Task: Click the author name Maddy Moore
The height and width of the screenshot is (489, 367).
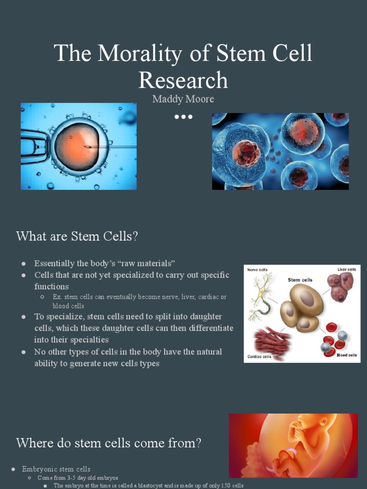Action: click(183, 99)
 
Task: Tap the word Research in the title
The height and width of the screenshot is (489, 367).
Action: click(183, 80)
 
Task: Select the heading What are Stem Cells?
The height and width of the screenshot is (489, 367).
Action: click(77, 236)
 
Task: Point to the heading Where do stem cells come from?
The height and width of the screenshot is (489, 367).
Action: click(108, 443)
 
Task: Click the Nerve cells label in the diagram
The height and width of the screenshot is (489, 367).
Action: click(257, 270)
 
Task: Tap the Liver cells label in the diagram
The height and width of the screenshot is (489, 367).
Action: click(346, 270)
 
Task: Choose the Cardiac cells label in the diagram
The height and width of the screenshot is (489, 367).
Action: click(259, 356)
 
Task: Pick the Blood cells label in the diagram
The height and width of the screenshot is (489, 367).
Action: click(346, 355)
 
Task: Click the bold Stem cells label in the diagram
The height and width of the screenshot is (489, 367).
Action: click(300, 280)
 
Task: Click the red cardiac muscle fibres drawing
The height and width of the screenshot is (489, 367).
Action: click(271, 340)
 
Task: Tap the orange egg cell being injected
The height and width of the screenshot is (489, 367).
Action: click(76, 146)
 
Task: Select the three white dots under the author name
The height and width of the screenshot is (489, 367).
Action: click(183, 117)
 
